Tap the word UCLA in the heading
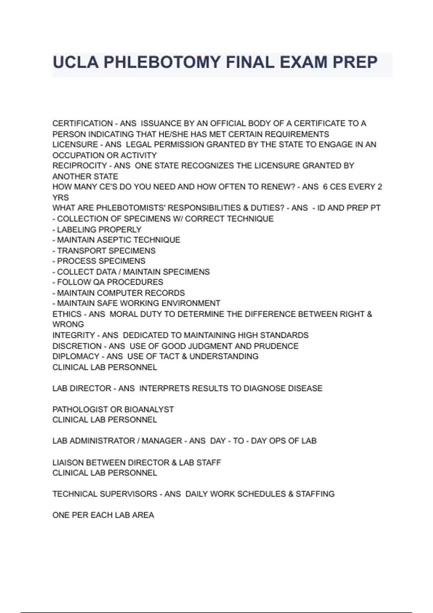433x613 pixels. pyautogui.click(x=75, y=62)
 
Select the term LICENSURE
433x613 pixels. pyautogui.click(x=75, y=145)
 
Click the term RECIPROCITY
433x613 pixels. pyautogui.click(x=79, y=166)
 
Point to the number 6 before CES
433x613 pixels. pyautogui.click(x=325, y=187)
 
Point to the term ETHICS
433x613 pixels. pyautogui.click(x=67, y=314)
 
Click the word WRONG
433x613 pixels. pyautogui.click(x=68, y=324)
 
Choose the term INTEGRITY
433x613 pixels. pyautogui.click(x=74, y=335)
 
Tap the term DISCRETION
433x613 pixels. pyautogui.click(x=77, y=346)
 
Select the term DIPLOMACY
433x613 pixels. pyautogui.click(x=75, y=356)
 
